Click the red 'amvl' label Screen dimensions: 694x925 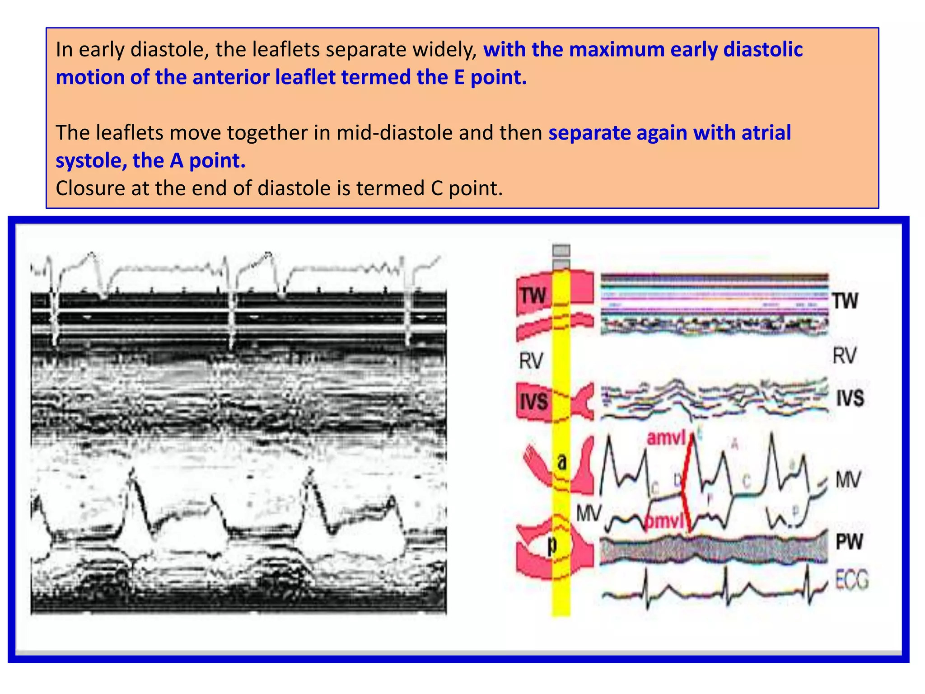pyautogui.click(x=666, y=438)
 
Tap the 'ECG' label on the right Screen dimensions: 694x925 pyautogui.click(x=852, y=580)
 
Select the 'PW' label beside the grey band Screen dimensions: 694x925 pyautogui.click(x=849, y=541)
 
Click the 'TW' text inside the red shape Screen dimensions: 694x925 pyautogui.click(x=533, y=296)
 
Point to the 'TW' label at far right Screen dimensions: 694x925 pyautogui.click(x=845, y=301)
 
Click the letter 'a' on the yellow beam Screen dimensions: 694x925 pyautogui.click(x=561, y=462)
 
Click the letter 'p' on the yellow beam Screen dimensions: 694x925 pyautogui.click(x=552, y=545)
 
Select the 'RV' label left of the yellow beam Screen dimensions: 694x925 pyautogui.click(x=531, y=361)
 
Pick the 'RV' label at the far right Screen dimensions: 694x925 pyautogui.click(x=844, y=356)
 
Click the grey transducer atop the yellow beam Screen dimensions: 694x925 pyautogui.click(x=561, y=256)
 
